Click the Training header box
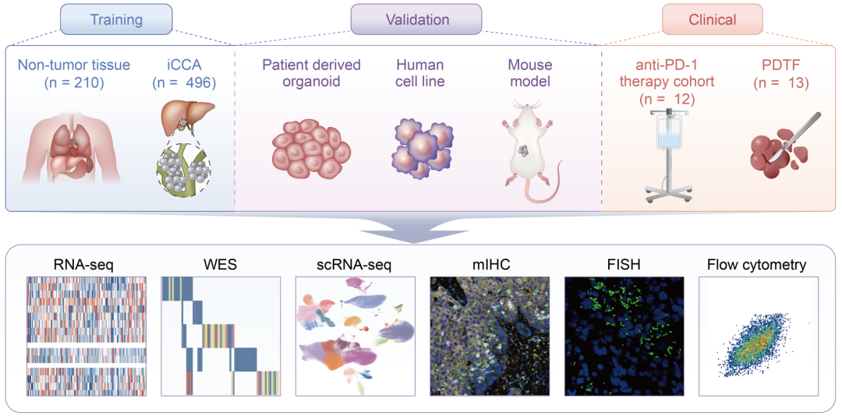tap(116, 19)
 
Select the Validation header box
tap(417, 19)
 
